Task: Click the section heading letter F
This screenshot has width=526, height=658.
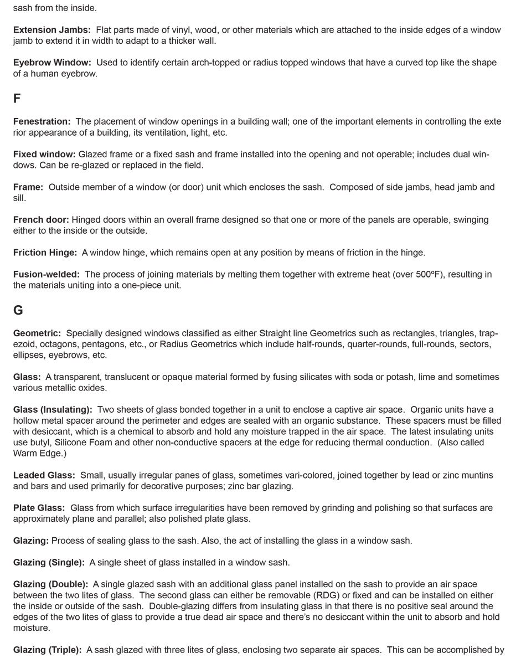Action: [17, 99]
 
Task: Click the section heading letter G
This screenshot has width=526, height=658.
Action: [18, 311]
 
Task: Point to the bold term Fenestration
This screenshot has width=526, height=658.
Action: [42, 121]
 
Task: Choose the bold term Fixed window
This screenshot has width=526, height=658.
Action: [44, 155]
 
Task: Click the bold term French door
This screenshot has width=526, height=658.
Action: [42, 220]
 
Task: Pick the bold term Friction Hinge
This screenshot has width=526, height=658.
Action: [45, 253]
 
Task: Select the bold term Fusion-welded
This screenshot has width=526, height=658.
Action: [47, 274]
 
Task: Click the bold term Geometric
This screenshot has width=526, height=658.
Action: [37, 333]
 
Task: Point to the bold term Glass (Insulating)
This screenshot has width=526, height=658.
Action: [53, 410]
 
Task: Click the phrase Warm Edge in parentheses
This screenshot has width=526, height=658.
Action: [35, 453]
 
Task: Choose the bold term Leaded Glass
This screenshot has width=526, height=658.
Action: [44, 475]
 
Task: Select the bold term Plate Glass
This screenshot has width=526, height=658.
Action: [39, 508]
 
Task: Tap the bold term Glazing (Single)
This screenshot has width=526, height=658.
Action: [49, 562]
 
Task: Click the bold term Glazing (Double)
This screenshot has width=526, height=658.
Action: [50, 584]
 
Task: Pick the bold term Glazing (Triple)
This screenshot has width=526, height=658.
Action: [48, 650]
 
